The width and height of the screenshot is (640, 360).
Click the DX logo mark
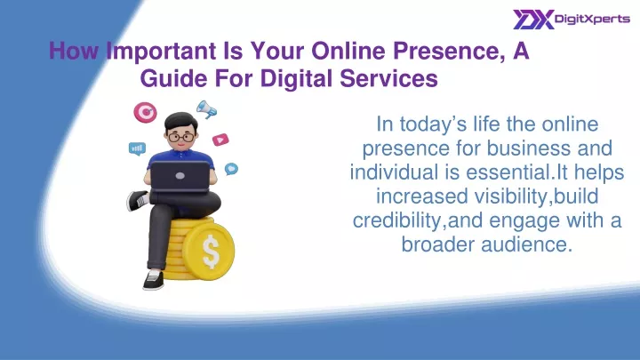click(533, 20)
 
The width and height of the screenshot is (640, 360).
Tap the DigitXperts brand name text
click(592, 20)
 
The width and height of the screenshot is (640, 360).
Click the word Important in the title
click(161, 52)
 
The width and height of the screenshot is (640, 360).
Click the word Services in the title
click(389, 78)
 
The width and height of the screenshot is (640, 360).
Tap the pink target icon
click(145, 112)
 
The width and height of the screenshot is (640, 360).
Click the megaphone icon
click(206, 109)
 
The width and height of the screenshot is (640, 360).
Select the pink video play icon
click(220, 140)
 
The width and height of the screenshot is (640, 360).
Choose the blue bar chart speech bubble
click(137, 148)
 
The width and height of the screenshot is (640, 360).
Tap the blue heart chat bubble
click(231, 169)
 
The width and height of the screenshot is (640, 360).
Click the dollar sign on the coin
click(211, 250)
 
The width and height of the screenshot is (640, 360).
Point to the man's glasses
click(181, 137)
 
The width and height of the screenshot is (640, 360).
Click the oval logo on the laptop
click(180, 176)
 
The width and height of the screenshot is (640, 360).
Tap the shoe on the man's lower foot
click(154, 280)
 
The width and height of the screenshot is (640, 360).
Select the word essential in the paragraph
click(508, 172)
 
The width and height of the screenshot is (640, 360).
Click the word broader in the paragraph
click(438, 244)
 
